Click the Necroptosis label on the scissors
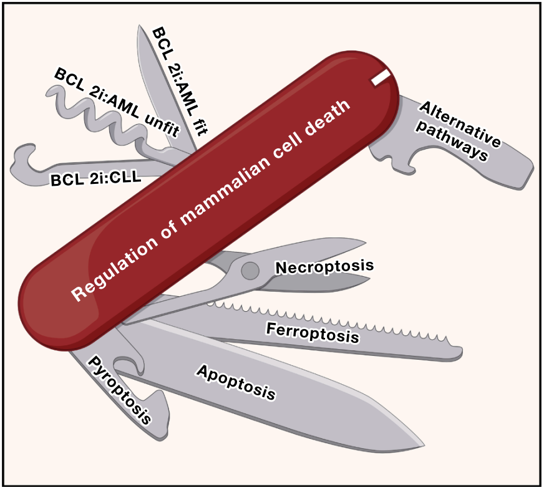tap(324, 267)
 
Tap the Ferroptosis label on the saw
tap(313, 332)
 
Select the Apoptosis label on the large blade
tap(236, 382)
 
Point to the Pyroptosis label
tap(119, 389)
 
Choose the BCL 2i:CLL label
tap(97, 180)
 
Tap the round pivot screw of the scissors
tap(250, 270)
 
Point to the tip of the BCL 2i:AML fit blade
tap(138, 28)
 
